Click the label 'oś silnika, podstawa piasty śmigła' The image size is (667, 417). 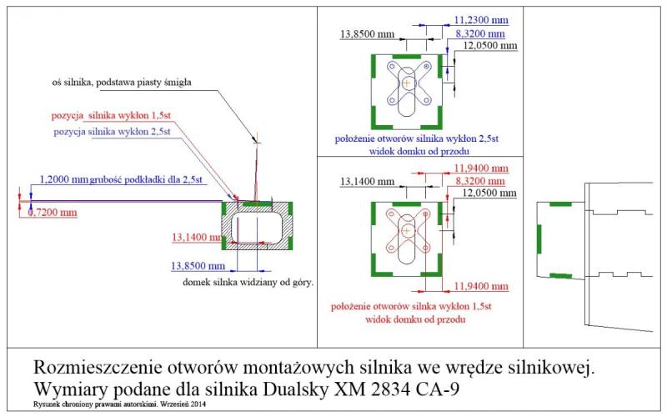[x=122, y=82]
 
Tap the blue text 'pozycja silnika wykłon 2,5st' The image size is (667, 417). [x=112, y=133]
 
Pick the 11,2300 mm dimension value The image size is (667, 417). [x=481, y=18]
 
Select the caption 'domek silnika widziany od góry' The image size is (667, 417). [x=248, y=283]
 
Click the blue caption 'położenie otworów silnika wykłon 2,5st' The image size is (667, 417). [x=417, y=139]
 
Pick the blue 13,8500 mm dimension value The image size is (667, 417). [x=198, y=266]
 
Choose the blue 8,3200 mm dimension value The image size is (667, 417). [x=482, y=33]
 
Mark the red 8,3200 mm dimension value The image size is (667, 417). [x=481, y=181]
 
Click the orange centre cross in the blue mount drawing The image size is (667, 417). [x=406, y=83]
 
